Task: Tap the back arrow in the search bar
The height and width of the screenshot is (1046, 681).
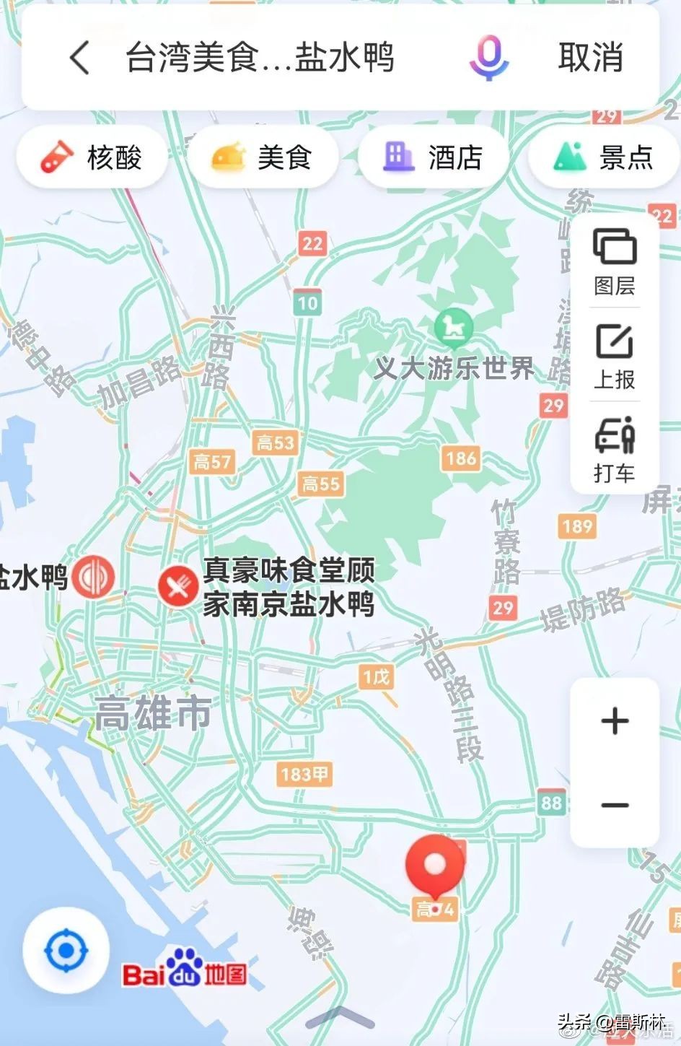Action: click(x=80, y=58)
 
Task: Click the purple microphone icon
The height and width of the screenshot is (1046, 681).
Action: click(x=488, y=58)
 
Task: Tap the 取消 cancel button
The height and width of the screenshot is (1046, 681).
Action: click(x=590, y=58)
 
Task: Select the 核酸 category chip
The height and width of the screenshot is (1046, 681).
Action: click(x=92, y=157)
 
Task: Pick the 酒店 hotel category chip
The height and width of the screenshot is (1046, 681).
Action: click(x=433, y=157)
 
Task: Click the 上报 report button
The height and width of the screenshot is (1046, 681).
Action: click(x=615, y=356)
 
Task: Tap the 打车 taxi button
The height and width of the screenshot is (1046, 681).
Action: click(x=615, y=449)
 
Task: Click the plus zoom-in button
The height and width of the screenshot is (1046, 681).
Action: click(x=615, y=721)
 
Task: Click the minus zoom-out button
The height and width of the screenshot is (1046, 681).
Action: click(x=615, y=805)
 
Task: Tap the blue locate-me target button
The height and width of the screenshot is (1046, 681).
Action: click(x=66, y=951)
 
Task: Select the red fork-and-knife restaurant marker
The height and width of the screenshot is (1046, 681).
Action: click(x=177, y=584)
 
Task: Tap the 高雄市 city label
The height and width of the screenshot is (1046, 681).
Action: click(x=154, y=714)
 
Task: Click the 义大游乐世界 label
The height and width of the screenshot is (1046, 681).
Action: click(x=454, y=369)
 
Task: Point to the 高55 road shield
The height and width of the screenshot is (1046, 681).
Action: click(x=321, y=483)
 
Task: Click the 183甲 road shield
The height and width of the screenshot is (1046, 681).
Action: click(x=304, y=775)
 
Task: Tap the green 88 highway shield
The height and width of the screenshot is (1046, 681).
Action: click(x=551, y=803)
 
